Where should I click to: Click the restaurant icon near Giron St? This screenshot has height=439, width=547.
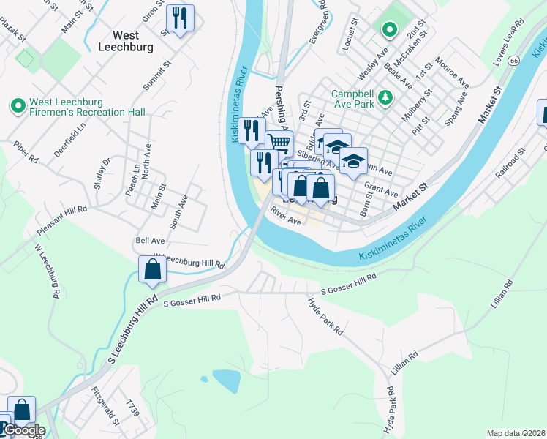179,18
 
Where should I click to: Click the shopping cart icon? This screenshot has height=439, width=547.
279,143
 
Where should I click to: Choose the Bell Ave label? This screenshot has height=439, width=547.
150,240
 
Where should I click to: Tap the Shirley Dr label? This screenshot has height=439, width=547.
102,174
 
